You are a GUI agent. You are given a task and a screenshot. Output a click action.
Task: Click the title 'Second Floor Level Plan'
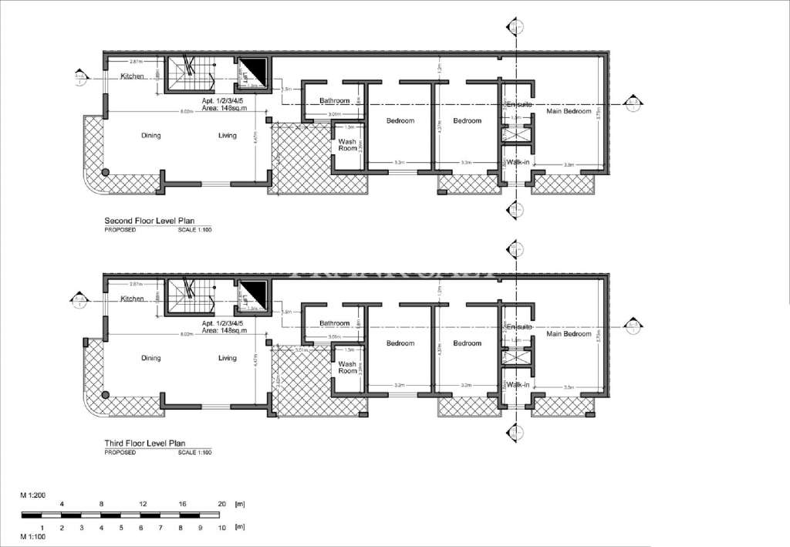click(x=147, y=221)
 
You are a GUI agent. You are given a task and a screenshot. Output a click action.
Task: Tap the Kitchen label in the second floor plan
click(x=132, y=76)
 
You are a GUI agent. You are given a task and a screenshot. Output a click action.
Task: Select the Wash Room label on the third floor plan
click(x=347, y=366)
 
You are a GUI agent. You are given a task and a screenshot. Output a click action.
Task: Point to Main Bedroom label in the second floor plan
click(x=569, y=112)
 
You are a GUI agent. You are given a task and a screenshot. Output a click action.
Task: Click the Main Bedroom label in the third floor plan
click(x=569, y=334)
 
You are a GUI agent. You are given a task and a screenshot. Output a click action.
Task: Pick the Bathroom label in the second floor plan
click(x=335, y=101)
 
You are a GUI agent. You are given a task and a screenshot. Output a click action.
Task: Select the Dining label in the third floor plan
click(x=150, y=358)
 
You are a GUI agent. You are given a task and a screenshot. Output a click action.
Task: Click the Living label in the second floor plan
click(x=227, y=136)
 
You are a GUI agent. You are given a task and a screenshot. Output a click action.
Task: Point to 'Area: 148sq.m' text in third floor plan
click(x=224, y=330)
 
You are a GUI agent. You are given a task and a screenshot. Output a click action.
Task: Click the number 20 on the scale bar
click(x=221, y=504)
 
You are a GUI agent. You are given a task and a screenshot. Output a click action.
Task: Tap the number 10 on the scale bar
click(x=221, y=528)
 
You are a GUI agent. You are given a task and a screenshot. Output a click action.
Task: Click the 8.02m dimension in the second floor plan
click(x=186, y=112)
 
